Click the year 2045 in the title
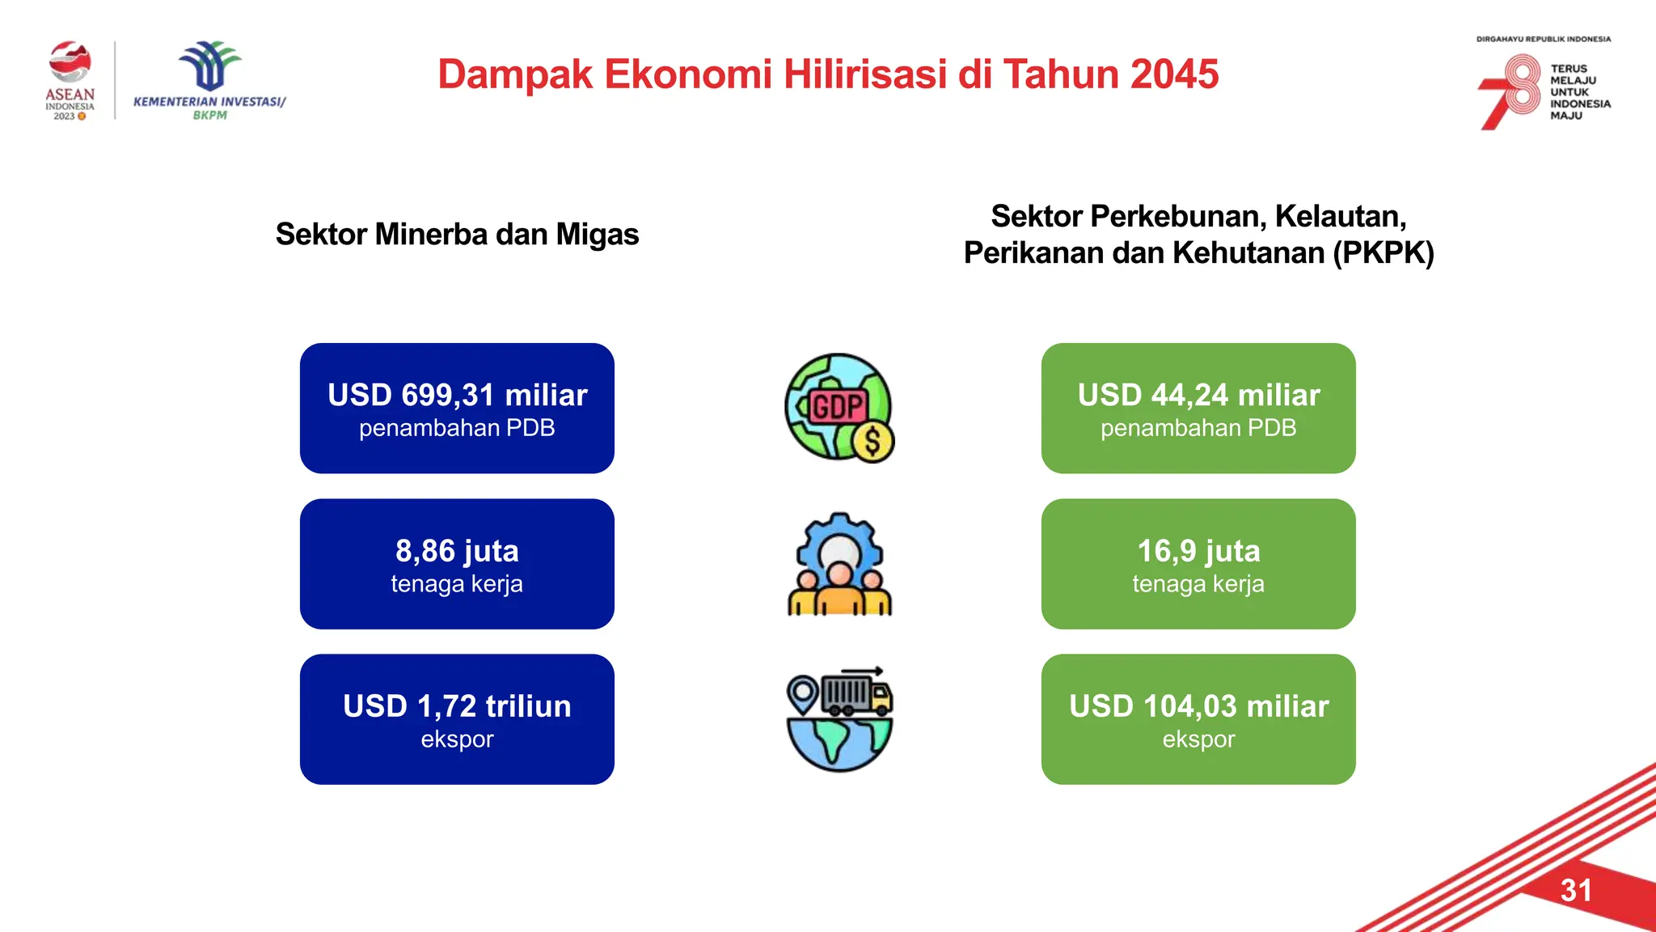1174,74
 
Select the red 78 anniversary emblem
1510,91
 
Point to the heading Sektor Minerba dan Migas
457,235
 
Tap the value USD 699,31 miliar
457,395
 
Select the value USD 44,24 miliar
1198,395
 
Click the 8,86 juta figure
457,551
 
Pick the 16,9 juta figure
1198,551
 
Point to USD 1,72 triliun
457,706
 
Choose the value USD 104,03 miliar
1198,706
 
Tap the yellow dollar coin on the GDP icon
873,442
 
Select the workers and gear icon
839,564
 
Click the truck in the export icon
857,694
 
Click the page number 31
1576,891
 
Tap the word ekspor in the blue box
457,739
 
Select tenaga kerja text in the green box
1198,584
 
